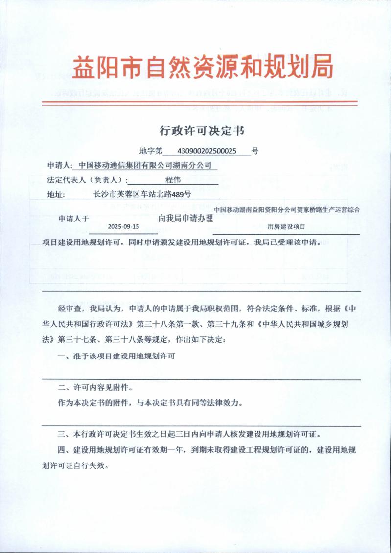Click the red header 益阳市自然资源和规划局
tap(202, 67)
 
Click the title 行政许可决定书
tap(202, 131)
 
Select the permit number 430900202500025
tap(208, 152)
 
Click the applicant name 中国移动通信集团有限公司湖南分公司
tap(145, 166)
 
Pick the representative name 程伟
tap(174, 180)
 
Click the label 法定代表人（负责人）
tap(83, 180)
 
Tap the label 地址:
tap(56, 194)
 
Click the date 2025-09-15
tap(123, 227)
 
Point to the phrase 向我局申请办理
tap(186, 219)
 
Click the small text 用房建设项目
tap(286, 227)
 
